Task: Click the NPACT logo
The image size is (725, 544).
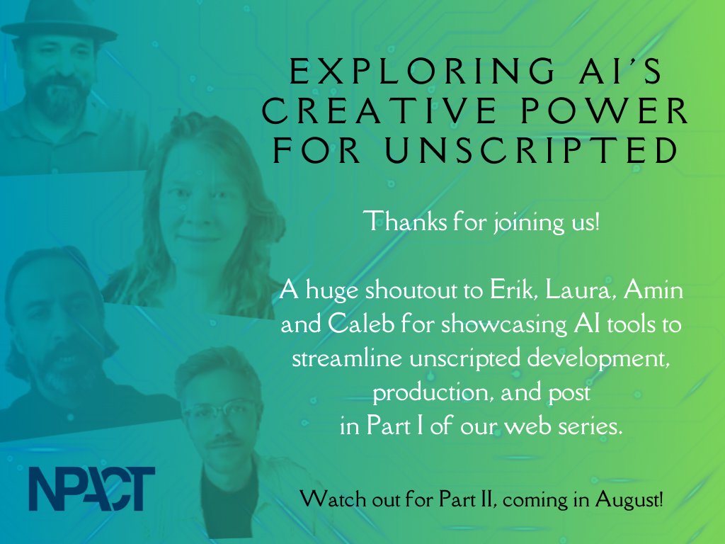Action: click(92, 488)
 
